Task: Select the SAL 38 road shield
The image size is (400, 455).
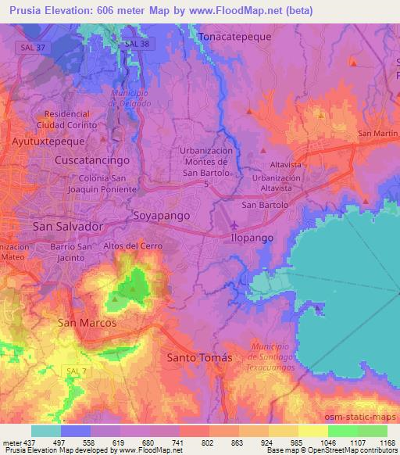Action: [135, 45]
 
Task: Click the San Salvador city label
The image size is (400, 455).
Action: [68, 226]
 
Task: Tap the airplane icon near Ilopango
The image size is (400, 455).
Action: [234, 225]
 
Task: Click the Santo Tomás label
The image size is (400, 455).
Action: [201, 357]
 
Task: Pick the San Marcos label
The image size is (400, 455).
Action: [87, 322]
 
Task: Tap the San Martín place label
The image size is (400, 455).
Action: [378, 134]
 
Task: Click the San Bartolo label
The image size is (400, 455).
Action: [265, 205]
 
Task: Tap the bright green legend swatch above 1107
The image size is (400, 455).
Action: [342, 430]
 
